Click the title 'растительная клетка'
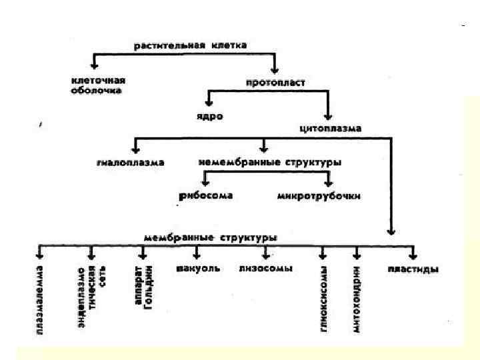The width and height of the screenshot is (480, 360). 190,45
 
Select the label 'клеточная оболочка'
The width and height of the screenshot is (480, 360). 97,85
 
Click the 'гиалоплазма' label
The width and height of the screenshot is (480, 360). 130,162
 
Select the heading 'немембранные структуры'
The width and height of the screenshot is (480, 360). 270,162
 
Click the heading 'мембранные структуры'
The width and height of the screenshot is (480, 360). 210,237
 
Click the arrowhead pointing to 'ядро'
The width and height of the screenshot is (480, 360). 209,103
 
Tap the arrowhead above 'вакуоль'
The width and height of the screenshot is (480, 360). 197,255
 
